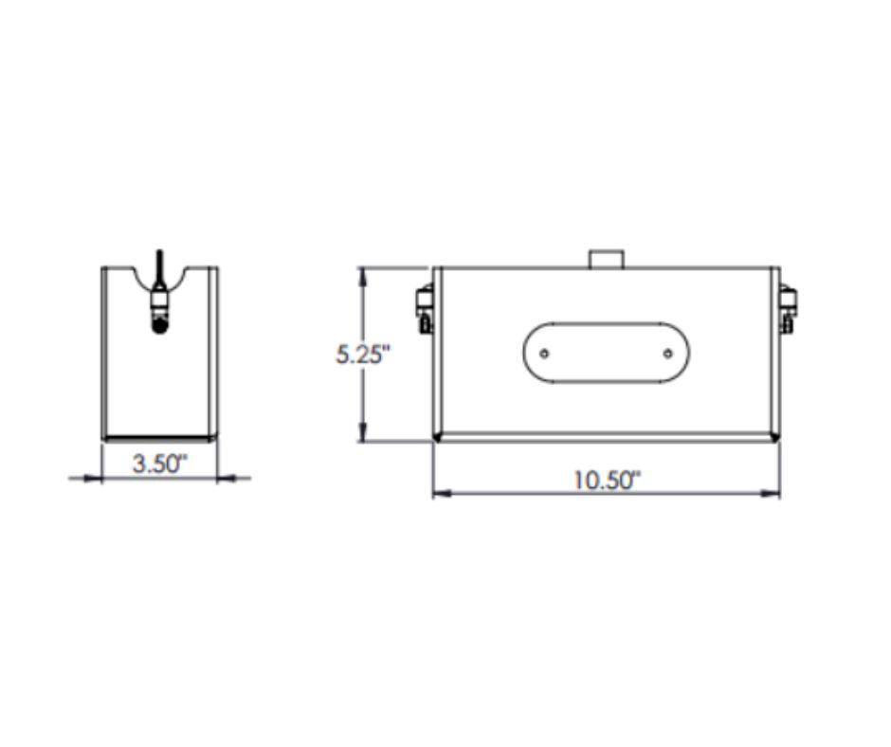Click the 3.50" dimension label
click(x=159, y=464)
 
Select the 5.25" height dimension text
click(x=364, y=355)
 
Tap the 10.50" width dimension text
click(x=607, y=481)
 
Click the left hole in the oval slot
click(x=544, y=354)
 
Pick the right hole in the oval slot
click(x=668, y=354)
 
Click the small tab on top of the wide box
click(x=607, y=259)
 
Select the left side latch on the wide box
click(x=425, y=310)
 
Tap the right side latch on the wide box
click(x=788, y=310)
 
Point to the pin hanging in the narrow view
click(x=160, y=292)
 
